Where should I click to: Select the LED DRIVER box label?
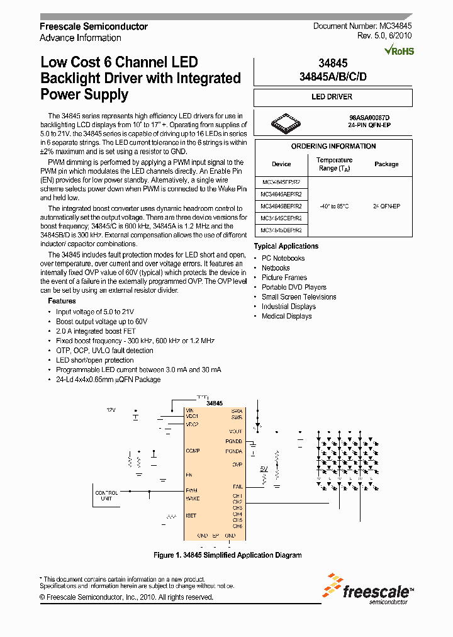[332, 97]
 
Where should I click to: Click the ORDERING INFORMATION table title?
[333, 146]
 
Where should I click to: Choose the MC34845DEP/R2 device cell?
[281, 230]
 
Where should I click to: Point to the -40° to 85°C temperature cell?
[333, 206]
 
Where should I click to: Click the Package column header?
[386, 164]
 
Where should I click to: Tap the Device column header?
[281, 164]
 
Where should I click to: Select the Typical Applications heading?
[286, 246]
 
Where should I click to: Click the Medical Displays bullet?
[286, 316]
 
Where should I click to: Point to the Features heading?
[62, 301]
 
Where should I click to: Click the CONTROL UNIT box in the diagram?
[106, 496]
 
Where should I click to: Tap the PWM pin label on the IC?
[192, 490]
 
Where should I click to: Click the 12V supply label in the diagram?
[111, 410]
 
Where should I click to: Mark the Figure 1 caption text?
[227, 555]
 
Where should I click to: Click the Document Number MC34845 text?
[362, 26]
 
